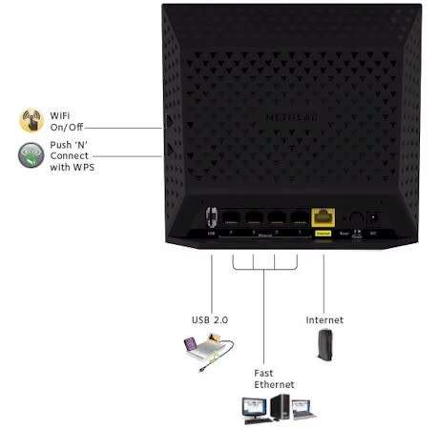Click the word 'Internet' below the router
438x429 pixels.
click(323, 319)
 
